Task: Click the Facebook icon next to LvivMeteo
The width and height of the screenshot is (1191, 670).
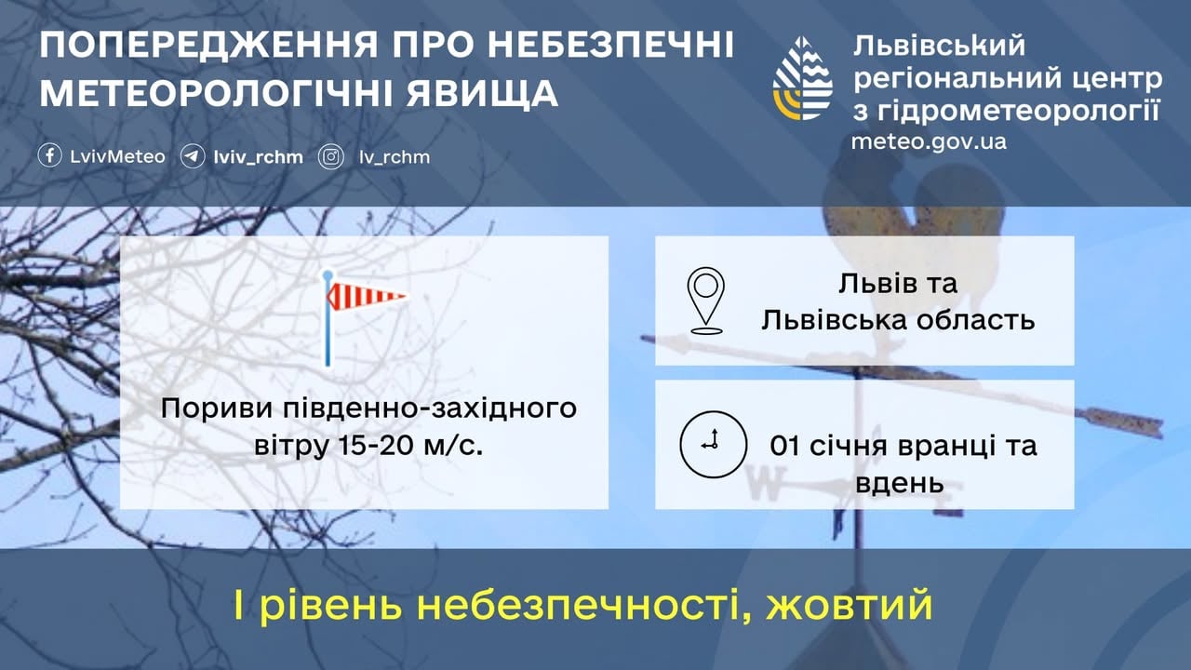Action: tap(49, 156)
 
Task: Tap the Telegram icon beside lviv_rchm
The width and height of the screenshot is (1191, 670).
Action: tap(193, 156)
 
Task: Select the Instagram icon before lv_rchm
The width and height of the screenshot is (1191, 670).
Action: tap(331, 156)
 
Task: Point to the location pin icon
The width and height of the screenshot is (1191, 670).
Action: tap(706, 301)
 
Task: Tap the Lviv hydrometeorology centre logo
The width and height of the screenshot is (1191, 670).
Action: tap(802, 78)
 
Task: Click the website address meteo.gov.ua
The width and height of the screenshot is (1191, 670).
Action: tap(929, 142)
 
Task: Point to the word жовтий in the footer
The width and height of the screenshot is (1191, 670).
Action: tap(849, 607)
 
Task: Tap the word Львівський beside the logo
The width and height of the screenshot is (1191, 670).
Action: tap(938, 44)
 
